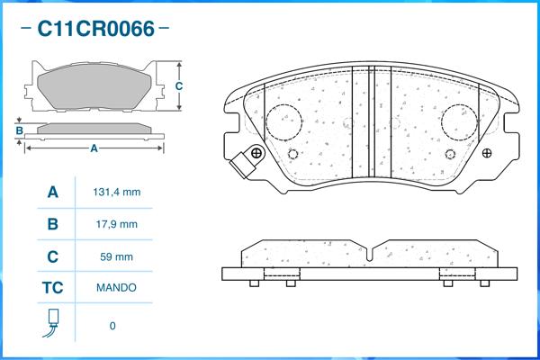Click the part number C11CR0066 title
tap(95, 30)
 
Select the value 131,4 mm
tap(117, 193)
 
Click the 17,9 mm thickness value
tap(116, 224)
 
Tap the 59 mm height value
tap(117, 256)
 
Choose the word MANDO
tap(116, 288)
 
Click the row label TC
tap(52, 288)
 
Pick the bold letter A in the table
tap(52, 193)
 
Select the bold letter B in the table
tap(52, 224)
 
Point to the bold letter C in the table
tap(52, 256)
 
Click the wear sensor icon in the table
tap(51, 325)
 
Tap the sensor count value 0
tap(112, 326)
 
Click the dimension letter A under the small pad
tap(94, 148)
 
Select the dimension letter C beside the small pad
tap(179, 86)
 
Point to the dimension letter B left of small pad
tap(19, 131)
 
